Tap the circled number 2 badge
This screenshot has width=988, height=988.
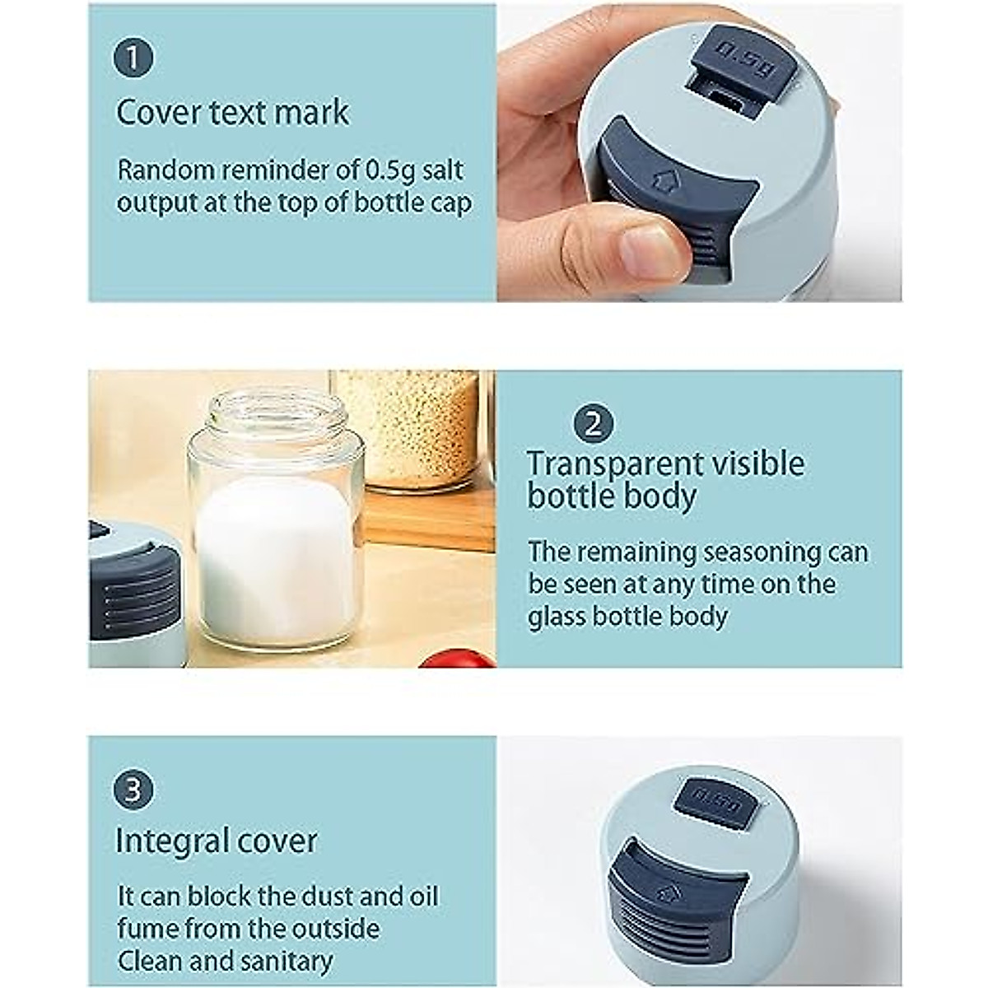(x=593, y=424)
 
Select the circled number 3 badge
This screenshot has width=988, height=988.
(x=133, y=790)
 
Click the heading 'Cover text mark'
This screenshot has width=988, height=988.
(x=233, y=113)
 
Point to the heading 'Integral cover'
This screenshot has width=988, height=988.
(x=216, y=841)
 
